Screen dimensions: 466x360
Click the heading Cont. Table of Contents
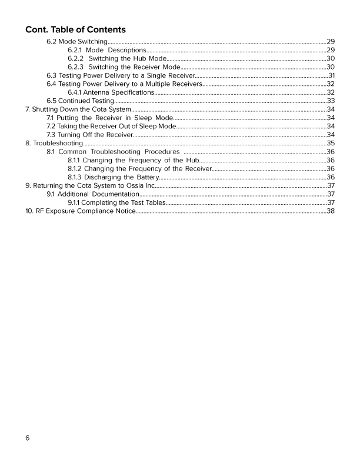pyautogui.click(x=75, y=29)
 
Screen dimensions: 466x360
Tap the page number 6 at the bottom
pyautogui.click(x=28, y=438)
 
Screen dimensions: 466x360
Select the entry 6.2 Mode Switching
pyautogui.click(x=76, y=42)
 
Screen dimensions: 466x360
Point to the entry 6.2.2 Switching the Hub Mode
pyautogui.click(x=117, y=59)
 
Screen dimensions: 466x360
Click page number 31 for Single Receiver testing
pyautogui.click(x=331, y=75)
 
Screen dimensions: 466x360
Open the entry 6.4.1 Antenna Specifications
pyautogui.click(x=111, y=92)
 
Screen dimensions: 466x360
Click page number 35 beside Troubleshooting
pyautogui.click(x=331, y=143)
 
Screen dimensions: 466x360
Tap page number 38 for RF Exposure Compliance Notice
pyautogui.click(x=331, y=211)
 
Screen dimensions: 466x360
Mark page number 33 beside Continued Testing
pyautogui.click(x=331, y=101)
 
